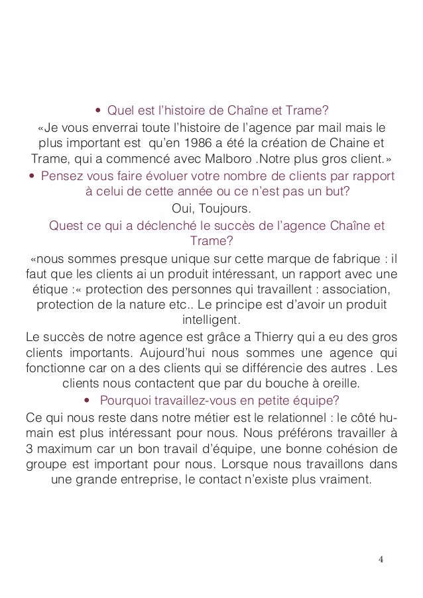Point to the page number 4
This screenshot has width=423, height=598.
381,560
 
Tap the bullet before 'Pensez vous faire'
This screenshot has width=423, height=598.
31,175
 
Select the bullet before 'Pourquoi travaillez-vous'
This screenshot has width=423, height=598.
88,399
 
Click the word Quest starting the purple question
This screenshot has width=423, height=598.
65,225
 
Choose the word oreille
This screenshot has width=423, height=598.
338,383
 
